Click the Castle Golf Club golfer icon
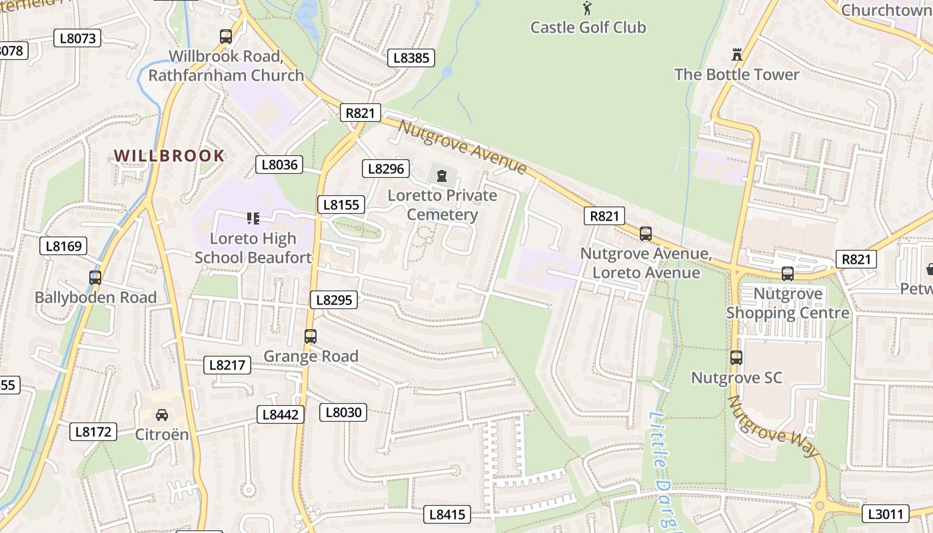587,9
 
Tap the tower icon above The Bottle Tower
737,55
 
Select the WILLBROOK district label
169,156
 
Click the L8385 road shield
411,58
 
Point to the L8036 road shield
279,165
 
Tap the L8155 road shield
341,205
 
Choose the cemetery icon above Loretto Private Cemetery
441,177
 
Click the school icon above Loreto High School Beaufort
253,219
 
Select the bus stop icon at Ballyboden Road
95,278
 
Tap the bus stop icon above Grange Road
311,336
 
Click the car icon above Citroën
162,415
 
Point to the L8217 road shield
227,364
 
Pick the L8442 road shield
281,414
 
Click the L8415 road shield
448,514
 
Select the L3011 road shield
886,514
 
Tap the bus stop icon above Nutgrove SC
736,358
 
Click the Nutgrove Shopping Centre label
788,303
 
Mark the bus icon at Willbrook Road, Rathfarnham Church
226,37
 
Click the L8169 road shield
63,246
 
